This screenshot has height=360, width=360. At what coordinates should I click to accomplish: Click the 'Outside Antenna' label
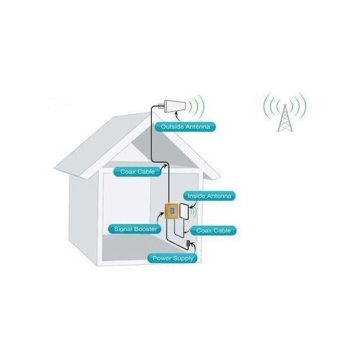[x=186, y=127]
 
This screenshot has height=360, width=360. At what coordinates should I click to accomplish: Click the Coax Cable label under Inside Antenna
[x=216, y=230]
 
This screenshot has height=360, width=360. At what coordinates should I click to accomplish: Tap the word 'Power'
[x=161, y=257]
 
